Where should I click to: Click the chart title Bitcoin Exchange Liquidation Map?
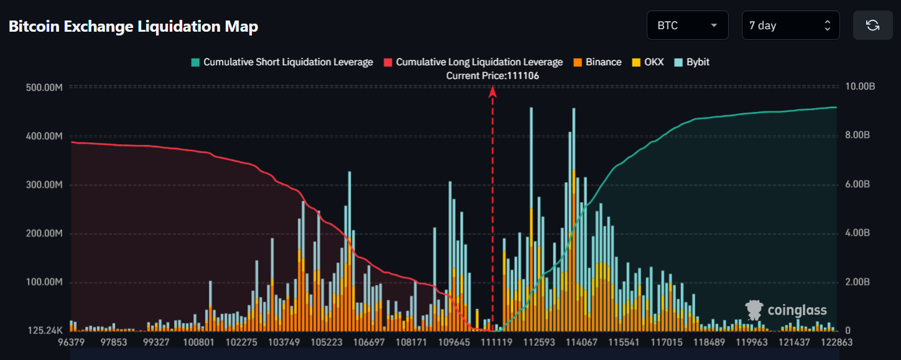pyautogui.click(x=133, y=26)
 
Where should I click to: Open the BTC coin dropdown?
pyautogui.click(x=687, y=25)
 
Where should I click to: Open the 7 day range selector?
pyautogui.click(x=790, y=25)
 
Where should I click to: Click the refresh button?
pyautogui.click(x=872, y=25)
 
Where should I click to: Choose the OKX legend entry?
pyautogui.click(x=649, y=62)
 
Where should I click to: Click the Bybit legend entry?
pyautogui.click(x=691, y=62)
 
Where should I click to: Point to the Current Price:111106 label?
pyautogui.click(x=492, y=75)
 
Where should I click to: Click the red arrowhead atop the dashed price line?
pyautogui.click(x=492, y=91)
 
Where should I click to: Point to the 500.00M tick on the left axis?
pyautogui.click(x=44, y=87)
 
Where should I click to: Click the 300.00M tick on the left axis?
pyautogui.click(x=44, y=185)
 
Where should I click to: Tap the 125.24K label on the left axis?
pyautogui.click(x=45, y=331)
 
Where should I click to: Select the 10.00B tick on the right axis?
pyautogui.click(x=861, y=87)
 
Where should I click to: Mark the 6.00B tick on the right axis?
pyautogui.click(x=857, y=185)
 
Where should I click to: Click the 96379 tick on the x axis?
pyautogui.click(x=71, y=343)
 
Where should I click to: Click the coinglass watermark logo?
pyautogui.click(x=787, y=310)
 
